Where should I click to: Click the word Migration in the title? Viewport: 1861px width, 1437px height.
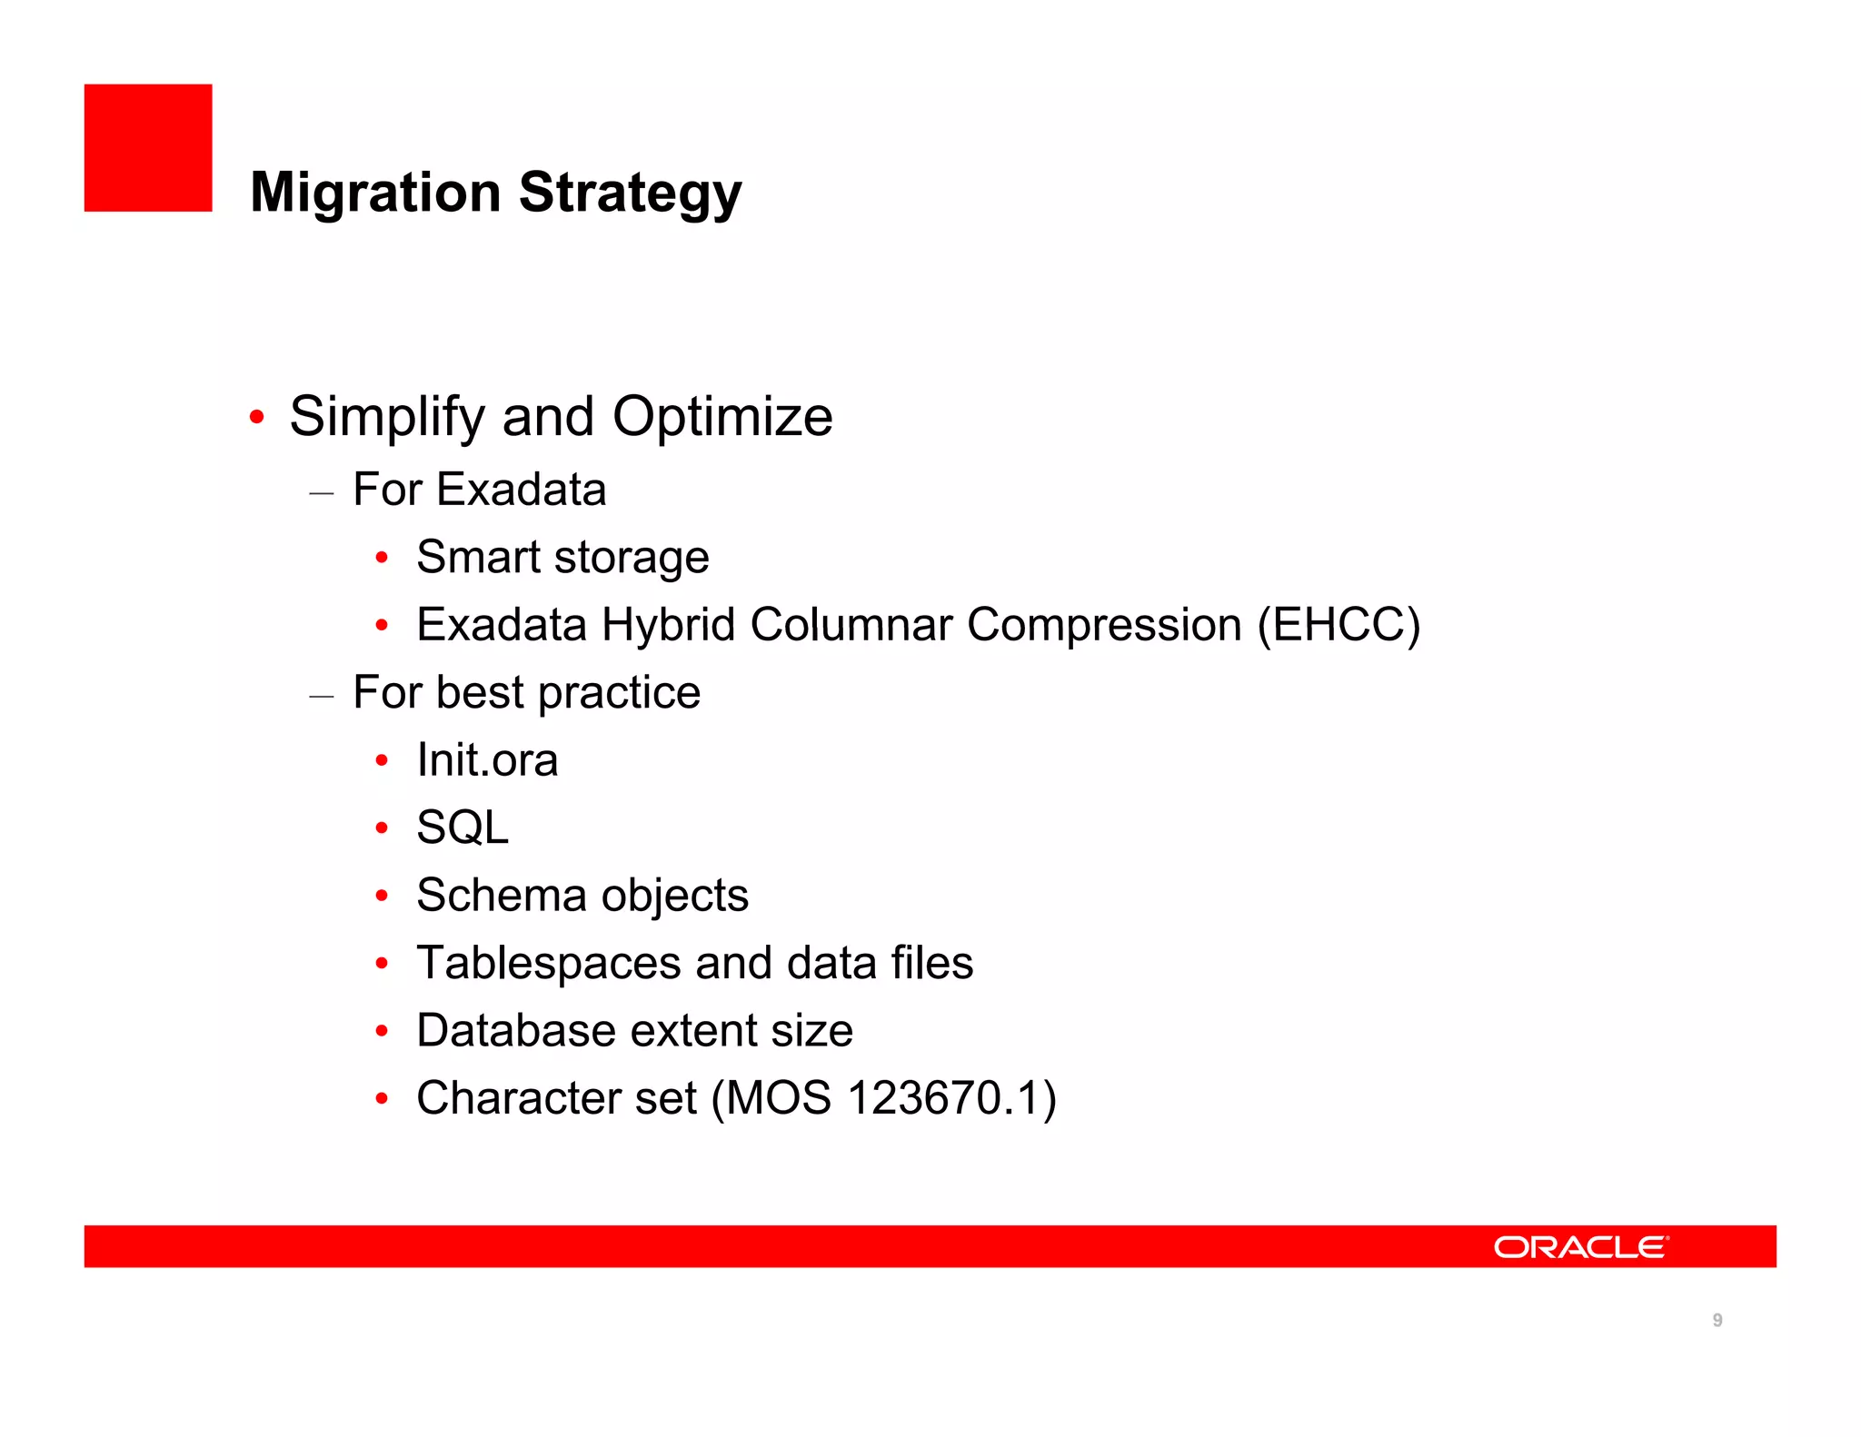point(374,193)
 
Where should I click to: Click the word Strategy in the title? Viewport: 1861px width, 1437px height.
point(630,193)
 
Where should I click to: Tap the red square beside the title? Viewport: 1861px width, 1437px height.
point(148,148)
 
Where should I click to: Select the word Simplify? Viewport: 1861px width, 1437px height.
point(386,417)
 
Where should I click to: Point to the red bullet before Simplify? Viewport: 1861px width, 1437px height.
point(257,418)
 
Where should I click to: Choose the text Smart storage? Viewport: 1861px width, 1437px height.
point(562,557)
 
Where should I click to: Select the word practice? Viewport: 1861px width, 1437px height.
point(619,693)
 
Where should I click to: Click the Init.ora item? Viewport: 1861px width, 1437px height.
point(487,760)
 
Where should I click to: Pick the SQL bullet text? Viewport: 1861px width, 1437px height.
point(462,828)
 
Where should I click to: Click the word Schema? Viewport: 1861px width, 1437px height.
point(501,896)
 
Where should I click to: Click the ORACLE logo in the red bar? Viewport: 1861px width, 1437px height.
point(1580,1247)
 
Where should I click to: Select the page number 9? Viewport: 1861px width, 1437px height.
point(1717,1320)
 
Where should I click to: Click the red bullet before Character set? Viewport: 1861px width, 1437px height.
point(383,1099)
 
